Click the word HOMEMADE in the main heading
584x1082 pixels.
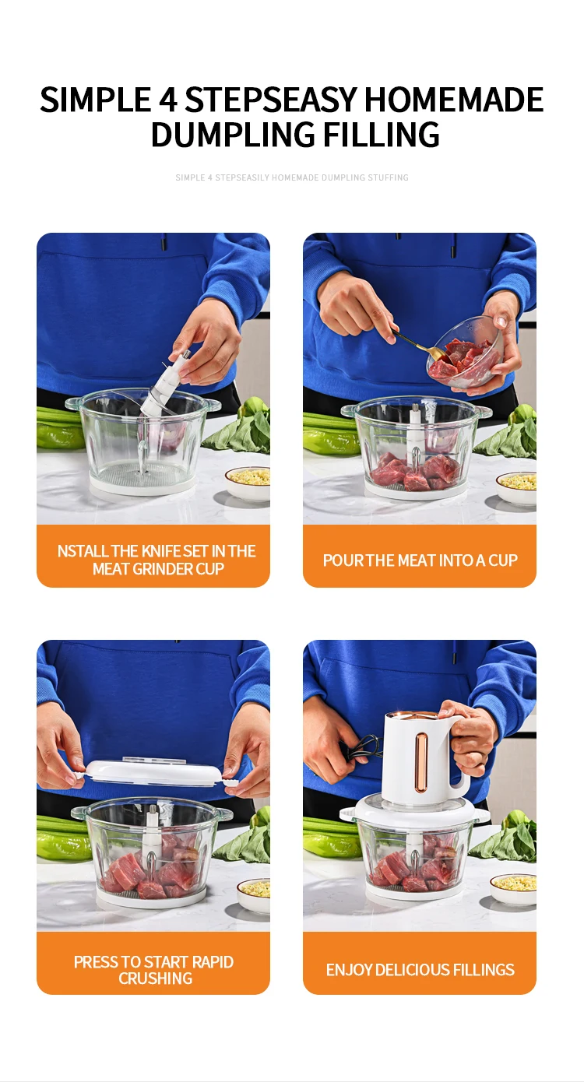pos(453,100)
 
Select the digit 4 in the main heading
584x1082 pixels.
pos(168,100)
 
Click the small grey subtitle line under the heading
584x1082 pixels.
pos(292,177)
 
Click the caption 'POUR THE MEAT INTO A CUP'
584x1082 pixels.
pos(420,560)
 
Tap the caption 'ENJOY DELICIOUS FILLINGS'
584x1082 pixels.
pos(420,969)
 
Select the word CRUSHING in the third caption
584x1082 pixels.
pos(156,978)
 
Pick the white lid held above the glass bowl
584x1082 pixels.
pos(153,773)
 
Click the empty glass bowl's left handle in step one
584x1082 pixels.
pos(73,404)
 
